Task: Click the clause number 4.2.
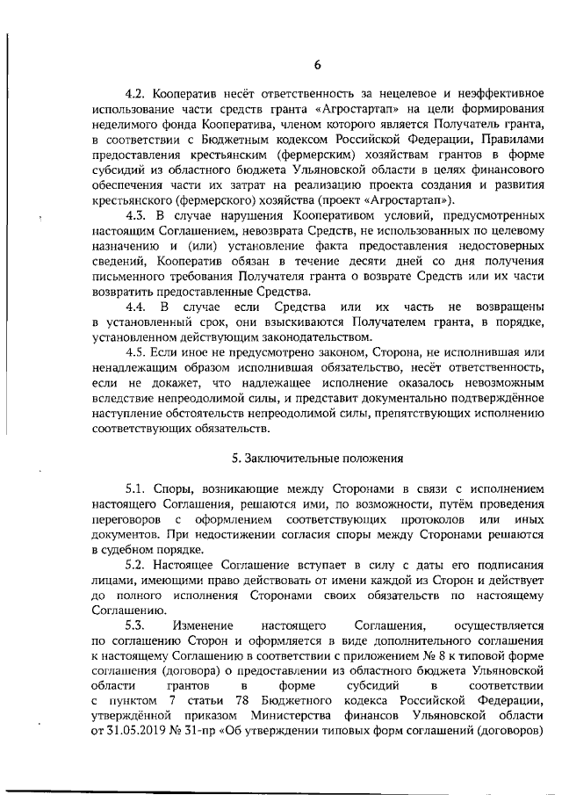click(138, 94)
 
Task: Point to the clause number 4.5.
click(138, 351)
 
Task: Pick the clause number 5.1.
click(138, 488)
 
